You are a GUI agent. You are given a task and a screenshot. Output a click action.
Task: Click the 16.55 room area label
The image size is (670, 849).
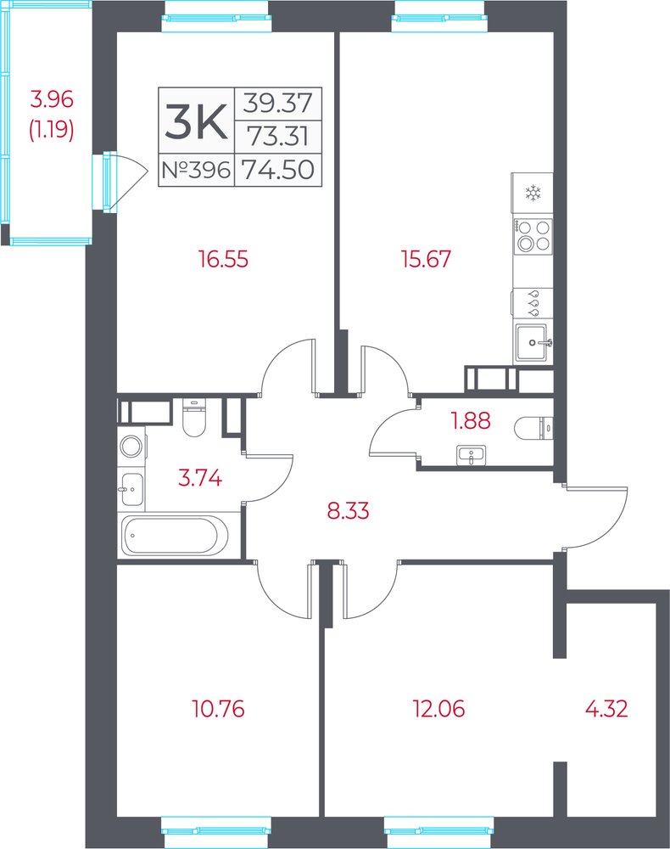point(223,259)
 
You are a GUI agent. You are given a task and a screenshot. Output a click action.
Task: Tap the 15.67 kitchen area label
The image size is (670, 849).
point(426,259)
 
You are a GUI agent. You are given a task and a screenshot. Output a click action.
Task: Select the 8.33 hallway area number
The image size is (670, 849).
point(349,510)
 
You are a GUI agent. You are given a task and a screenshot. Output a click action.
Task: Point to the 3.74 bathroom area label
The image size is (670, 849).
point(200,478)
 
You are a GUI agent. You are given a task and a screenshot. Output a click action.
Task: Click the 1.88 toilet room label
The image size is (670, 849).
point(471,421)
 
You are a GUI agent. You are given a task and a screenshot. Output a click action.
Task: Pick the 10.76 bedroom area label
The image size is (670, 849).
point(219,708)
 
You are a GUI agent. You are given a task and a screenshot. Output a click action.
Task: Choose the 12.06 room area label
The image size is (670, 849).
point(438,708)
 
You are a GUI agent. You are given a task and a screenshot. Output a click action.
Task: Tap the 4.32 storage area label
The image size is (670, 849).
point(606,708)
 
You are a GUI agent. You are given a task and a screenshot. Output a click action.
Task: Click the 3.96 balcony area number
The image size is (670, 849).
point(52,99)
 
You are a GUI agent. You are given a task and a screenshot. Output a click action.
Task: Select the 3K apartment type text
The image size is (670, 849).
point(196,121)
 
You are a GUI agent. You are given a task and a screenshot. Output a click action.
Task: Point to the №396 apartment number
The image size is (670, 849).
point(196,170)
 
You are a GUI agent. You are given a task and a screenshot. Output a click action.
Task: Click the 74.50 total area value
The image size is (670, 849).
point(278,170)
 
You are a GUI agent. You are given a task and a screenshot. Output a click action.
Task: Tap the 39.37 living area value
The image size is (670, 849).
point(278,103)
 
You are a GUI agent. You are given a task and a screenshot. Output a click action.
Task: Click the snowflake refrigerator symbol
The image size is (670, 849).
point(533,194)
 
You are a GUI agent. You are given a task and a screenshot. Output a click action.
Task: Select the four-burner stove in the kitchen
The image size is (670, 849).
point(533,236)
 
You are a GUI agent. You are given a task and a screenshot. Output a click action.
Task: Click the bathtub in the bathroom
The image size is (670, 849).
point(170,536)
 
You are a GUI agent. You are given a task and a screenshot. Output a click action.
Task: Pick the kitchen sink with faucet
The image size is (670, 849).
point(533,342)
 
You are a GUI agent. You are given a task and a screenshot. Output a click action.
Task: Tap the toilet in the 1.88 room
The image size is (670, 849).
point(533,429)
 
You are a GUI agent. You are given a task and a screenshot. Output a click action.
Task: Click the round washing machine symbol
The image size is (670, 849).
point(131,447)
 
